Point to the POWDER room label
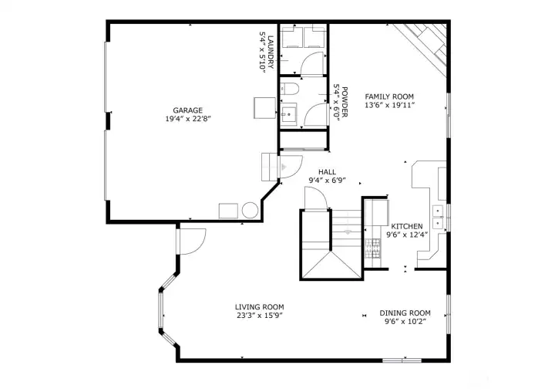(x=345, y=100)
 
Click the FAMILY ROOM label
(x=389, y=96)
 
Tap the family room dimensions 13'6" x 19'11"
(x=389, y=105)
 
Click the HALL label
(x=327, y=172)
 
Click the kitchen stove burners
(x=372, y=247)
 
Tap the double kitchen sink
(x=439, y=217)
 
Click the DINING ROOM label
(x=405, y=313)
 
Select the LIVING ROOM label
(x=259, y=306)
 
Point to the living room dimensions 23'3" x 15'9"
(x=259, y=316)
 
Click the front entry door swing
(x=191, y=240)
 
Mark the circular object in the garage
(x=251, y=211)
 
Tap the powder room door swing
(x=317, y=115)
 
